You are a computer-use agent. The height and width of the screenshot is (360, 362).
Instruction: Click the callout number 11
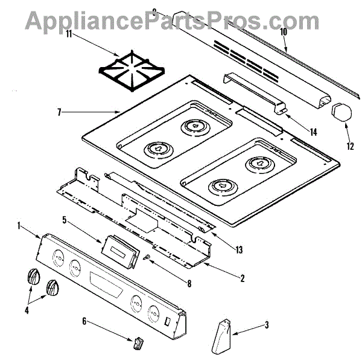[69, 34]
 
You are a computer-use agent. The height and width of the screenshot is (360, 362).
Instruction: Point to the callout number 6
[85, 321]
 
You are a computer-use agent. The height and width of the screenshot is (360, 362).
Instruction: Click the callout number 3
[266, 326]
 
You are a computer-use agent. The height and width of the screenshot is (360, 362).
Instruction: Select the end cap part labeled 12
[341, 112]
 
